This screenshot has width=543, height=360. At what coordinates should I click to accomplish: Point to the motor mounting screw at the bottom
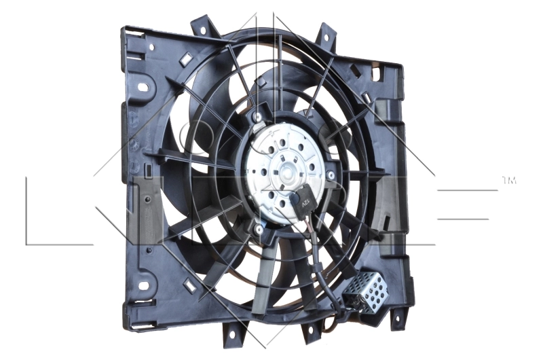pos(259,231)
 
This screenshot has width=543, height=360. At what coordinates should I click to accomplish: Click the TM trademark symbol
pos(509,181)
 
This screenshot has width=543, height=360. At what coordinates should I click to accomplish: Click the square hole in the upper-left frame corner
pos(182,60)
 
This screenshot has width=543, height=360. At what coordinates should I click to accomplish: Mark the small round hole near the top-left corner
pos(151,48)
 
